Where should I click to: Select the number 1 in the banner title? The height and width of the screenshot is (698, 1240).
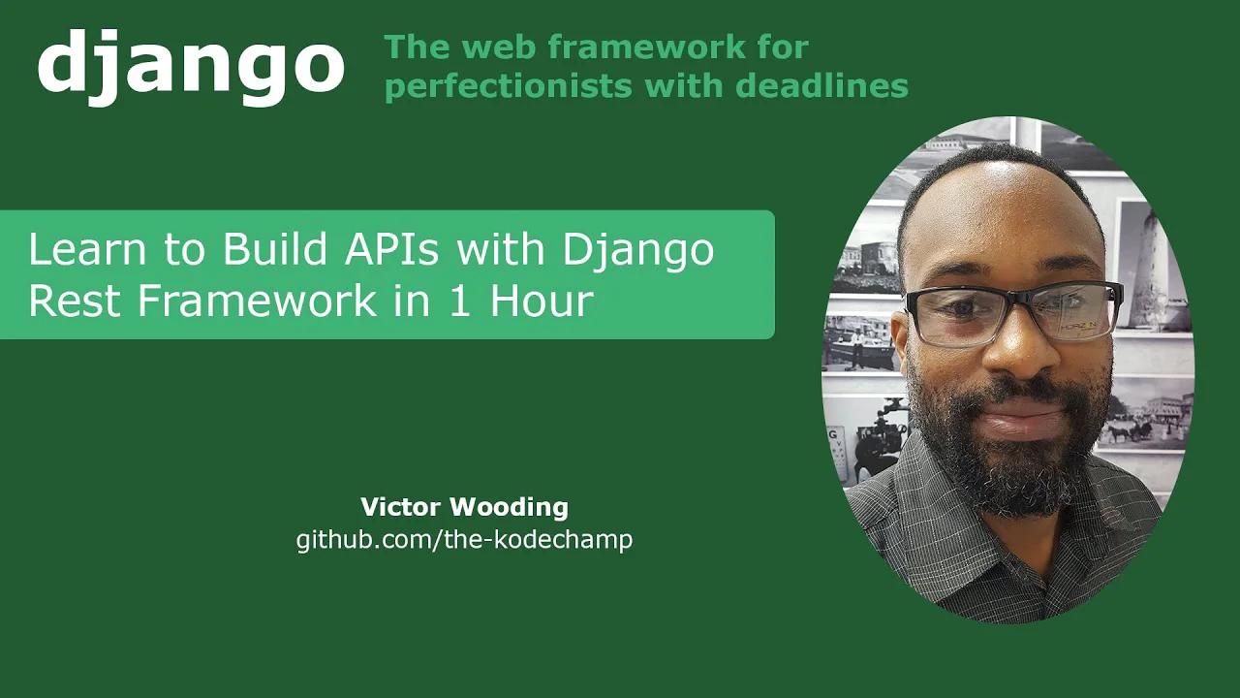460,301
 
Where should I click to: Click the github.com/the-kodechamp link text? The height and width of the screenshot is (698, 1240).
464,539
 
